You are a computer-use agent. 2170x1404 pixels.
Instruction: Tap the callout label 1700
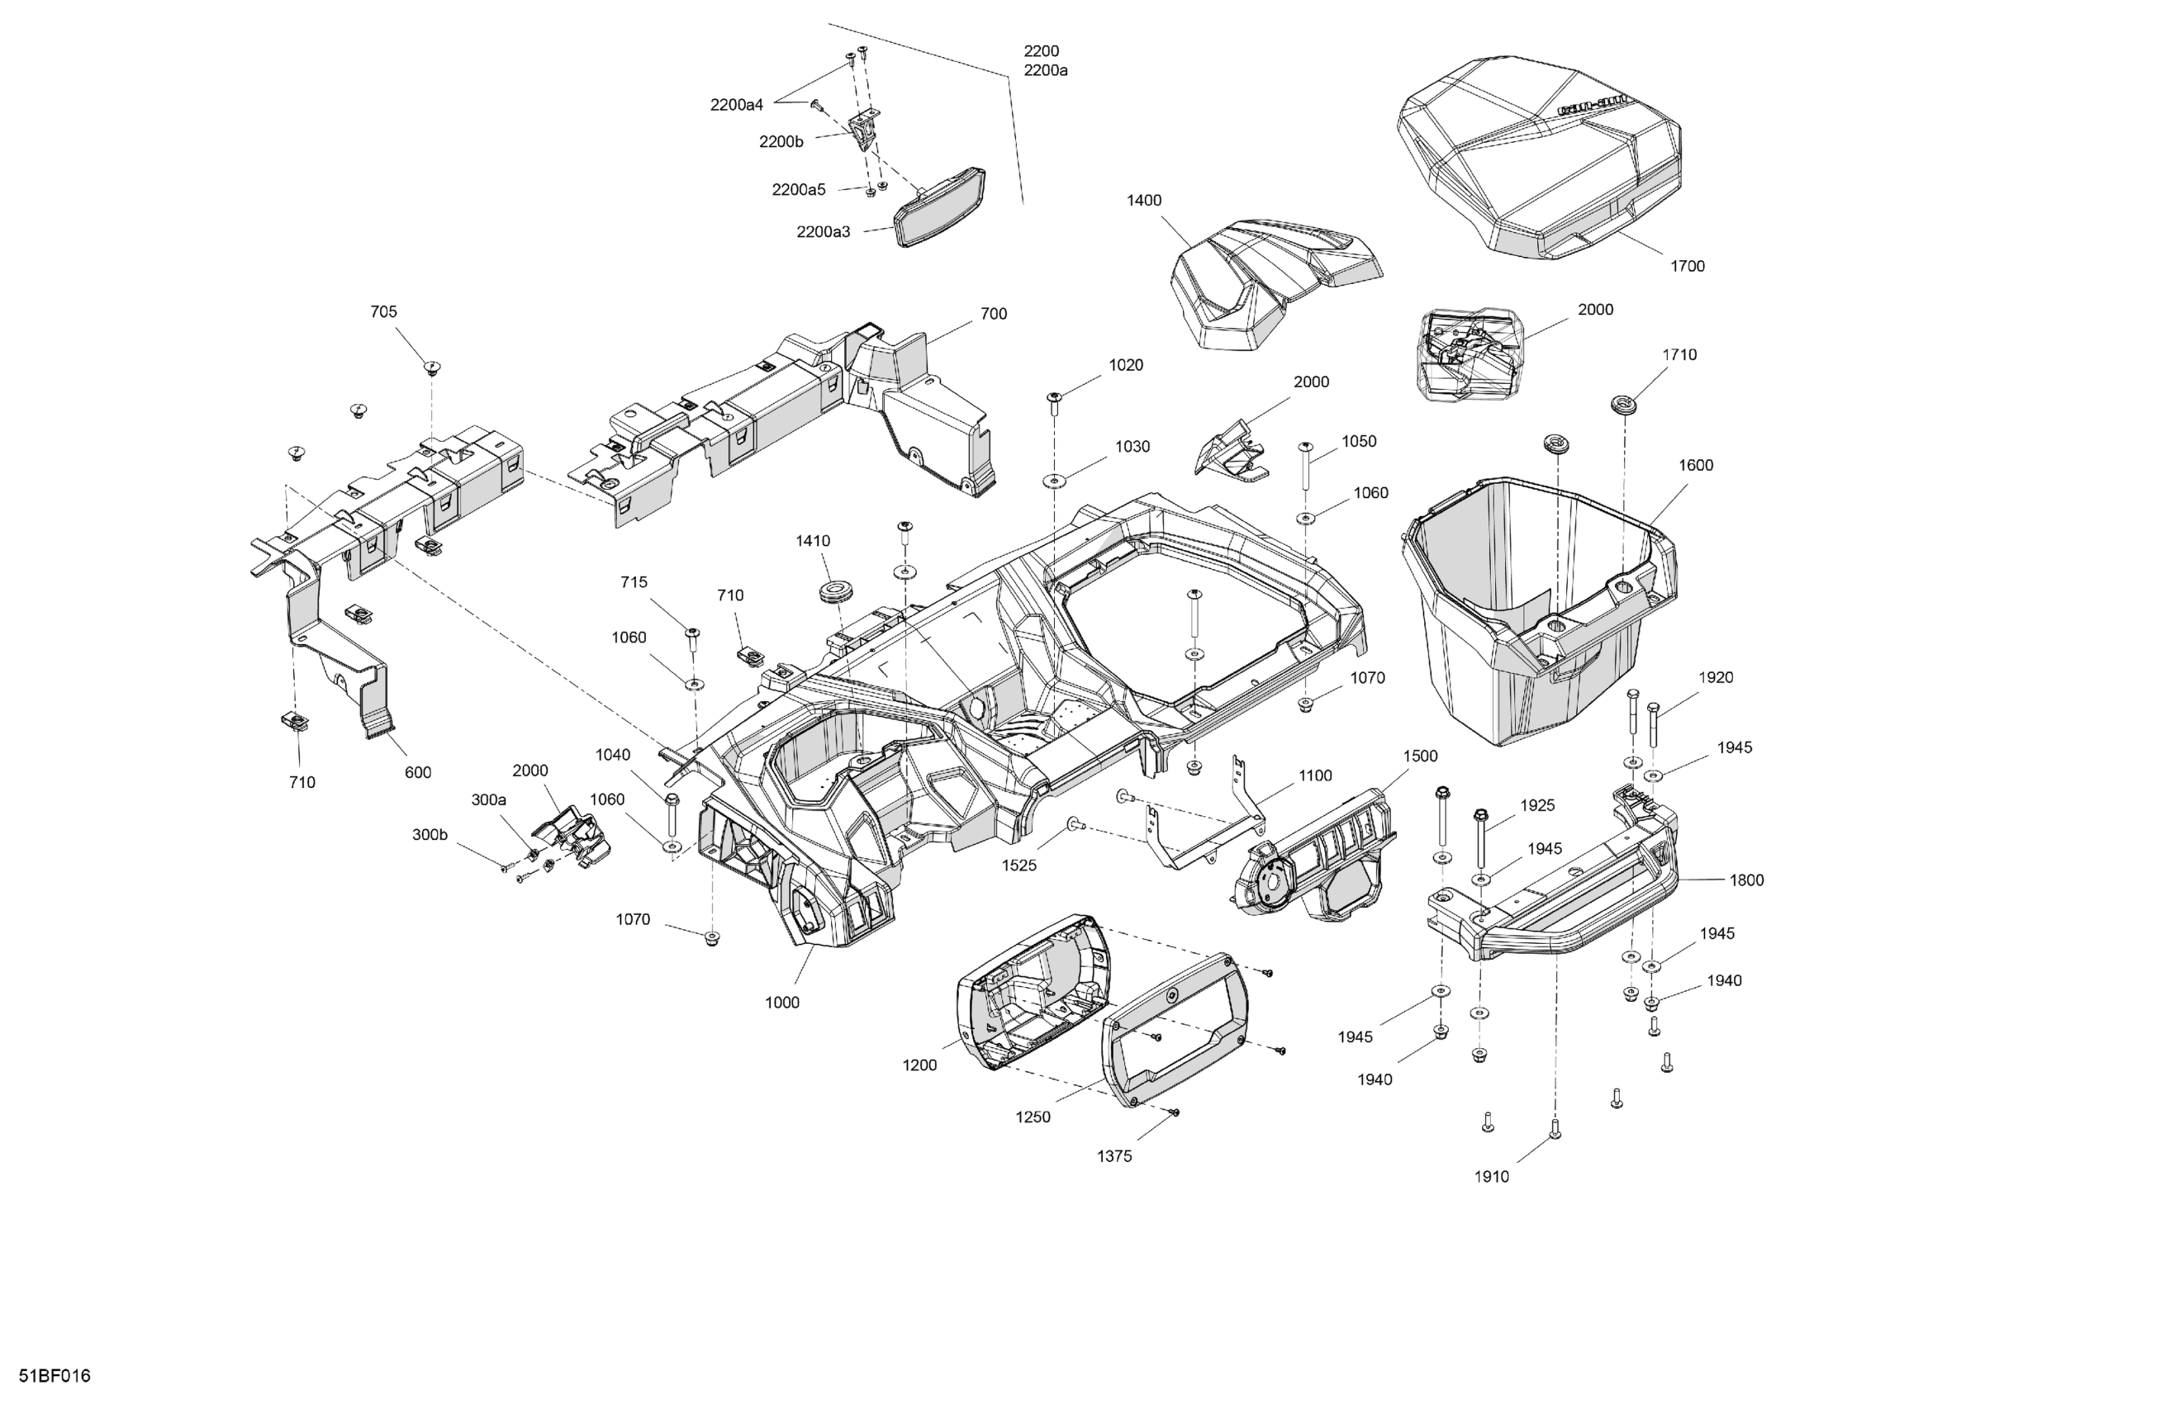(x=1687, y=266)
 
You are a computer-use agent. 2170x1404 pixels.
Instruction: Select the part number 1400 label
(x=1143, y=201)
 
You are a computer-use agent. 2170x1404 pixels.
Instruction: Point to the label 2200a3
(x=823, y=232)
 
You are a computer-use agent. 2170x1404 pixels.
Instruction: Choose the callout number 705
(x=383, y=312)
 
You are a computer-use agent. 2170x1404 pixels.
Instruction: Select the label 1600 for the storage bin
(x=1695, y=466)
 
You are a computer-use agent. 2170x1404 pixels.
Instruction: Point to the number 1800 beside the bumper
(x=1746, y=880)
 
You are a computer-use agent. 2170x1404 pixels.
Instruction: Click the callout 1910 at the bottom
(x=1492, y=1177)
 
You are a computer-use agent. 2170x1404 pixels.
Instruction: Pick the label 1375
(x=1114, y=1157)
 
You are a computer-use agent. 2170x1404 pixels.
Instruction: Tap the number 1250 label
(x=1033, y=1117)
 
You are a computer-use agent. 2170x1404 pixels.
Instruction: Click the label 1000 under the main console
(x=781, y=1003)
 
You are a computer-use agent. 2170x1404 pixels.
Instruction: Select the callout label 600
(x=418, y=773)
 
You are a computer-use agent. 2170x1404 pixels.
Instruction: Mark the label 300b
(x=430, y=834)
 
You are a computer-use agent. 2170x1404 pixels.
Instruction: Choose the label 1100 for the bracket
(x=1315, y=776)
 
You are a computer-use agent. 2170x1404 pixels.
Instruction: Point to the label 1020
(x=1125, y=366)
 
